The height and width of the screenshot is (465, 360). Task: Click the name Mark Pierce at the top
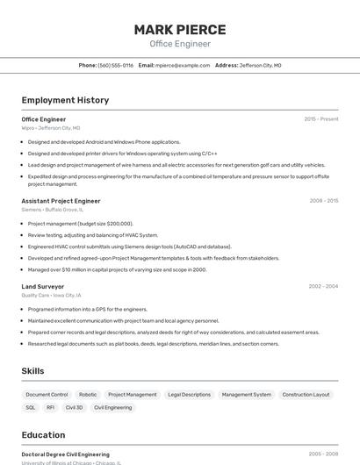[180, 29]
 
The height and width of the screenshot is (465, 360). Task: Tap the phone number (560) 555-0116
[116, 65]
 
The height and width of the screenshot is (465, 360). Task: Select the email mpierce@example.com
[183, 65]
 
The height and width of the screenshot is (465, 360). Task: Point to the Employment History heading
[65, 100]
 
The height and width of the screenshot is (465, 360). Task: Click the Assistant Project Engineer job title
[61, 201]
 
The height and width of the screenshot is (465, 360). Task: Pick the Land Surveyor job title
[43, 286]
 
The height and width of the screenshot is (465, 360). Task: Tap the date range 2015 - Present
[321, 119]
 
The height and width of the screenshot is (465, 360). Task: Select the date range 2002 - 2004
[323, 286]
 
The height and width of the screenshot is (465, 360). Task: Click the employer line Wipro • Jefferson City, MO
[51, 128]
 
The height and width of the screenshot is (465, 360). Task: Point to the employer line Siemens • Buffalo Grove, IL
[53, 210]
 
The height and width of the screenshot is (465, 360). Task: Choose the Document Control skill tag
[47, 395]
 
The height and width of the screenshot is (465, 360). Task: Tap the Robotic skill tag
[88, 395]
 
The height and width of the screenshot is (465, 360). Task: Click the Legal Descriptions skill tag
[190, 395]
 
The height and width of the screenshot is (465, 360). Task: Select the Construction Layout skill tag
[306, 395]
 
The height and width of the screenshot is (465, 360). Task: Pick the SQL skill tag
[31, 407]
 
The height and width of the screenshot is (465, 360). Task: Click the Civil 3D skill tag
[75, 407]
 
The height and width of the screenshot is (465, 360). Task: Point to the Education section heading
[43, 435]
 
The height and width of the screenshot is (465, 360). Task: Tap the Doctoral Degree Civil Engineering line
[66, 454]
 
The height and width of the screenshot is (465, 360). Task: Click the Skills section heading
[32, 371]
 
